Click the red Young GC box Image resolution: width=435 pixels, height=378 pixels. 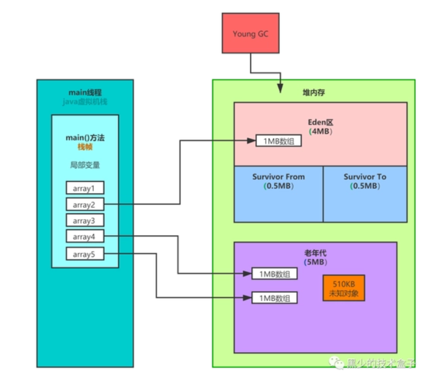250,33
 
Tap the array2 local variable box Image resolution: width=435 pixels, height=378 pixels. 85,205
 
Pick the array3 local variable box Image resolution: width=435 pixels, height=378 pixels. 85,221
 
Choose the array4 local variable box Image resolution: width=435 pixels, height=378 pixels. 85,237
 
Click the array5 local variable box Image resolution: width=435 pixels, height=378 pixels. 85,253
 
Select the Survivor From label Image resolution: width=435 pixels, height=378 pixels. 278,177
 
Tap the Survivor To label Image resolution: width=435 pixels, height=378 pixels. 365,177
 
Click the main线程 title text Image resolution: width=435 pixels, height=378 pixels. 85,92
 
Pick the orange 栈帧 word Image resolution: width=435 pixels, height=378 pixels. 85,147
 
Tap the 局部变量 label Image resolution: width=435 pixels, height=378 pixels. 85,165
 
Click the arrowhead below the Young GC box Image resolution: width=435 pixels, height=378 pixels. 280,88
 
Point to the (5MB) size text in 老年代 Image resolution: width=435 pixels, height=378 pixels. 315,262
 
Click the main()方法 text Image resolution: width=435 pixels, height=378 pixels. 85,138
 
